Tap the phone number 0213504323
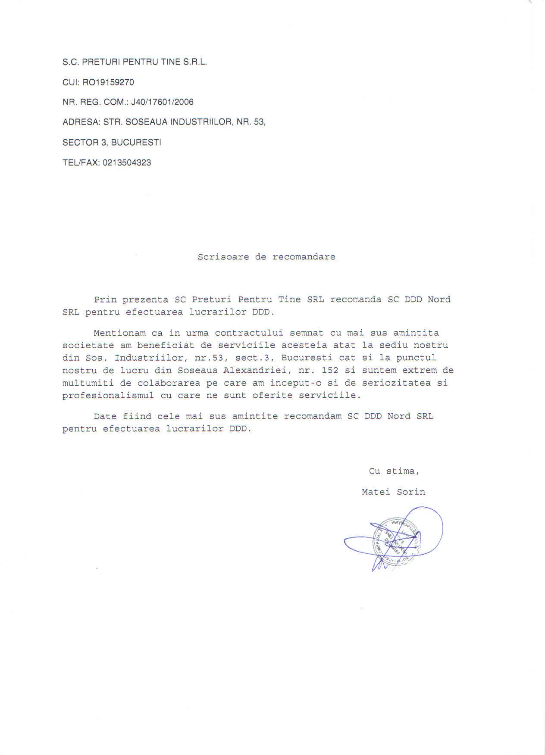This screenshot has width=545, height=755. coord(127,163)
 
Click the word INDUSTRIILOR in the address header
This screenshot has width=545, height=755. coord(201,122)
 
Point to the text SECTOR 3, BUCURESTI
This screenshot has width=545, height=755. coord(112,143)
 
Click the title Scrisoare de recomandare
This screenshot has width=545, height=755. coord(266,257)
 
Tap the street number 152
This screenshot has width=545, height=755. coord(330,370)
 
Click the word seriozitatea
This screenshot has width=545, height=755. coord(396,383)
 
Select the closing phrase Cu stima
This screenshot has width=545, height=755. coord(394,471)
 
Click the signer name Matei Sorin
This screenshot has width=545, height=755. coord(393,492)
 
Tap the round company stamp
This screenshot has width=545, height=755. coord(396,541)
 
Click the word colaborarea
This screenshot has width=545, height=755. coord(169,383)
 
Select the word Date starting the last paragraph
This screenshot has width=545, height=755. coord(105,416)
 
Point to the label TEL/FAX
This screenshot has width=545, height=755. coord(81,163)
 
